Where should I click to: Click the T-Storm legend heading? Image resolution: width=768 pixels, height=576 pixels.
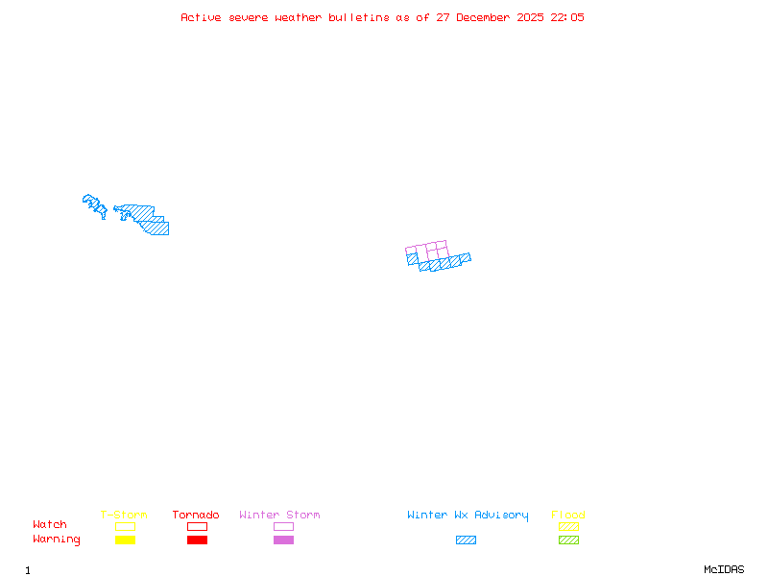click(124, 516)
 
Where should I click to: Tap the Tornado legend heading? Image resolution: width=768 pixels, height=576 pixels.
click(196, 516)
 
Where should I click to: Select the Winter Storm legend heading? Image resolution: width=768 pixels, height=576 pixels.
click(279, 516)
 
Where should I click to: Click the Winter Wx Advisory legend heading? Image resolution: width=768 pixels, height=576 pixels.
click(468, 516)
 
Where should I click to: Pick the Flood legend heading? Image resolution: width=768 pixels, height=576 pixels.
click(568, 516)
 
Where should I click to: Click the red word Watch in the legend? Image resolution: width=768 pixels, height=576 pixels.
click(50, 525)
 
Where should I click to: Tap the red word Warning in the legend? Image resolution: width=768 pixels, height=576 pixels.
click(57, 540)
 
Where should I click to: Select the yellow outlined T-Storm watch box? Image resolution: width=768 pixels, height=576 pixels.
click(125, 526)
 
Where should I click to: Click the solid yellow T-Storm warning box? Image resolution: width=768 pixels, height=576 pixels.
click(125, 540)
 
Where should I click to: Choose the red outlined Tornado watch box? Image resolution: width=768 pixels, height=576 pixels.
click(197, 526)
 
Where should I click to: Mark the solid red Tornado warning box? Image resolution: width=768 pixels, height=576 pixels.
click(197, 540)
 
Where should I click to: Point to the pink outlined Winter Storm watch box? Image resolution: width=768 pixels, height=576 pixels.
click(283, 526)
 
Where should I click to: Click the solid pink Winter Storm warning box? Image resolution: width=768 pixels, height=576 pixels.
click(283, 540)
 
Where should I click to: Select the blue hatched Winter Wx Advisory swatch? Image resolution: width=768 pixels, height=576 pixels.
click(466, 540)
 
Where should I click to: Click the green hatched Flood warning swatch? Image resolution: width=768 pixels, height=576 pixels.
click(568, 540)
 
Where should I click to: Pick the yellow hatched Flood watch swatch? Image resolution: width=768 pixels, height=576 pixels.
click(568, 526)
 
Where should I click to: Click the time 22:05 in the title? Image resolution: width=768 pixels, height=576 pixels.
click(567, 17)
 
